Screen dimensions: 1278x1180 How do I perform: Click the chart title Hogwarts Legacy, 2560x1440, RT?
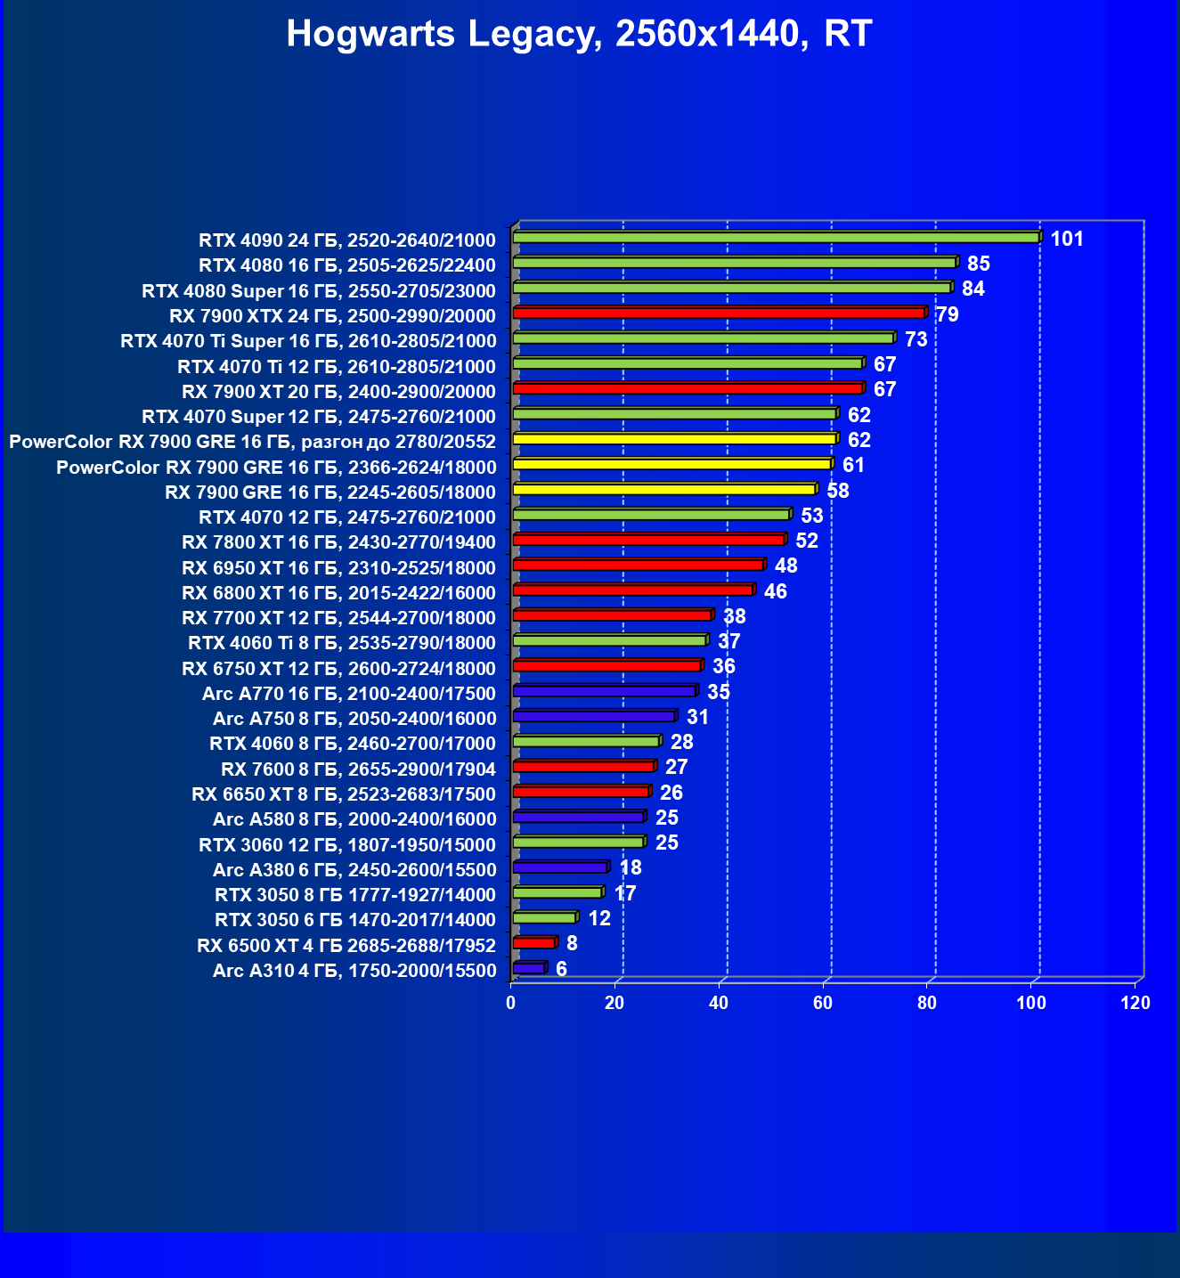pyautogui.click(x=579, y=35)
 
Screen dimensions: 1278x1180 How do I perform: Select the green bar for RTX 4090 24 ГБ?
pyautogui.click(x=776, y=238)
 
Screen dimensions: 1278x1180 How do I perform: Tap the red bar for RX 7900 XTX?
pyautogui.click(x=720, y=313)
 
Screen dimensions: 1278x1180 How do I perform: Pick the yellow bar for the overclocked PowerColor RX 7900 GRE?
pyautogui.click(x=675, y=439)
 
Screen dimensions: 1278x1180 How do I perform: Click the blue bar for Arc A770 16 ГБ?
pyautogui.click(x=605, y=691)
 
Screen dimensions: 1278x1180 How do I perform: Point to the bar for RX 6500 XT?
pyautogui.click(x=534, y=942)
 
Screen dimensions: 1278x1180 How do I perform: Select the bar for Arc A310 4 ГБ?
pyautogui.click(x=529, y=968)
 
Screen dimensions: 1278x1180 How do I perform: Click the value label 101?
pyautogui.click(x=1067, y=239)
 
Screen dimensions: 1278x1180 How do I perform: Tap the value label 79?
pyautogui.click(x=948, y=314)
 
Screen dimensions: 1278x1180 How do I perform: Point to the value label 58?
pyautogui.click(x=837, y=491)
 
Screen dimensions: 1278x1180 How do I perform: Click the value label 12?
pyautogui.click(x=599, y=918)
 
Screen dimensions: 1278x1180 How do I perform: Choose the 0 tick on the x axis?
pyautogui.click(x=510, y=1004)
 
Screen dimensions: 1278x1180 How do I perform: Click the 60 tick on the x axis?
pyautogui.click(x=823, y=1004)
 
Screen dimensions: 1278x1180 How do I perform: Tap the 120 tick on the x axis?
pyautogui.click(x=1135, y=1004)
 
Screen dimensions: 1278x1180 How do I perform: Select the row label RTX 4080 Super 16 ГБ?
pyautogui.click(x=319, y=291)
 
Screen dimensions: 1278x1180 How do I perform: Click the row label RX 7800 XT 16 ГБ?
pyautogui.click(x=338, y=542)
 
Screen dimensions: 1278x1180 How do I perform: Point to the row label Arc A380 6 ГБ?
pyautogui.click(x=354, y=870)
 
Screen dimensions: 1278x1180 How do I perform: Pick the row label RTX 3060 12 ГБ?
pyautogui.click(x=347, y=844)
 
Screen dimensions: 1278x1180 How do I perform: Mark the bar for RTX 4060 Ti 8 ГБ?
pyautogui.click(x=610, y=640)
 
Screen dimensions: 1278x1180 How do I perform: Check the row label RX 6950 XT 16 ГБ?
pyautogui.click(x=338, y=568)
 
